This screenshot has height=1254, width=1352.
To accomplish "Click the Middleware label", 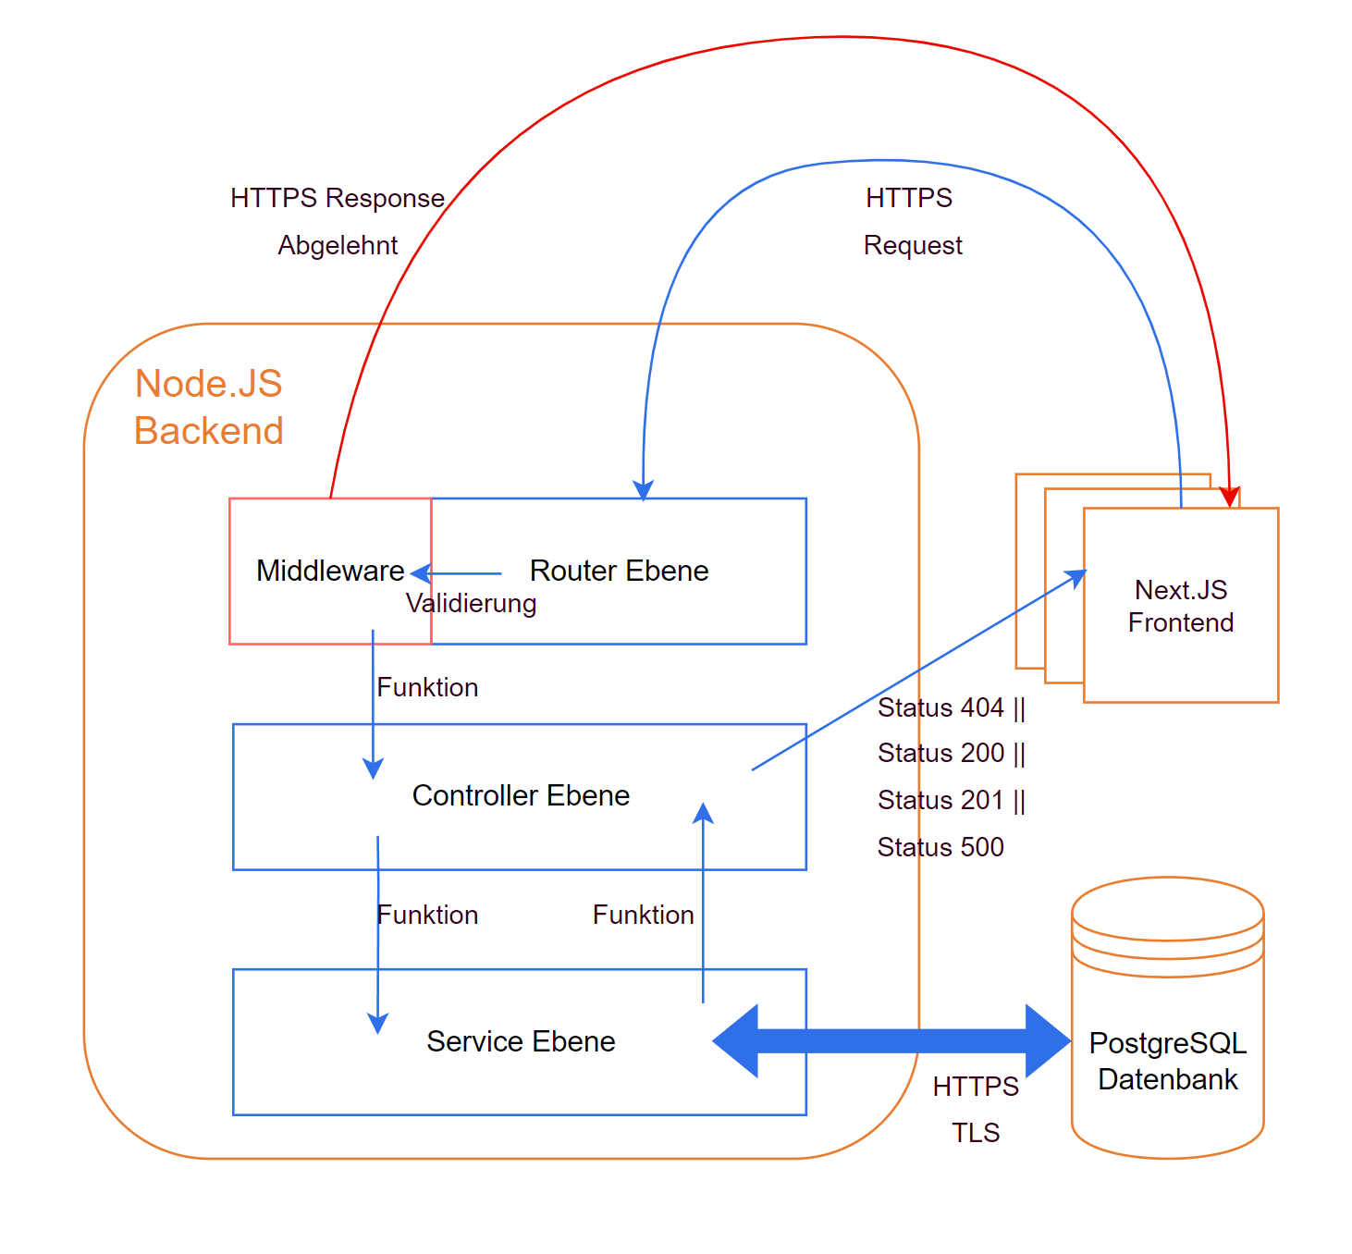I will click(x=330, y=571).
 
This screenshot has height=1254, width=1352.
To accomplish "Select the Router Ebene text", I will click(x=619, y=571).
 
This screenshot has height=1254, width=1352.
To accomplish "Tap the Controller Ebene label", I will click(x=521, y=795).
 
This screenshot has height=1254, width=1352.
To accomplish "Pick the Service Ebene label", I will click(x=521, y=1041).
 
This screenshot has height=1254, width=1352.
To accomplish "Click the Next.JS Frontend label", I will click(x=1181, y=606).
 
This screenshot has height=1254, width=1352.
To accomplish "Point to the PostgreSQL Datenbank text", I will click(x=1167, y=1061).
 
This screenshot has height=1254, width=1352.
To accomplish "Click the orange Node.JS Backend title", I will click(x=208, y=407).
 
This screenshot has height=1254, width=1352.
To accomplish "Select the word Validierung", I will click(x=471, y=604).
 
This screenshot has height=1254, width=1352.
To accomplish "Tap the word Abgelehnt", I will click(x=338, y=245).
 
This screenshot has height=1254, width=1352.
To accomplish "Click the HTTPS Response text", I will click(x=338, y=198).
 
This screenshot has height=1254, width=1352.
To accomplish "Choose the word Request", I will click(x=913, y=245).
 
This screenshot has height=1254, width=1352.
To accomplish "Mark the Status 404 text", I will click(x=951, y=707).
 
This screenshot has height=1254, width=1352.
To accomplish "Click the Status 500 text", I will click(x=940, y=847).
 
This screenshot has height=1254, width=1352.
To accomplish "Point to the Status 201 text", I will click(x=951, y=800).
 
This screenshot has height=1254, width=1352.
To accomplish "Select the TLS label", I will click(x=976, y=1133).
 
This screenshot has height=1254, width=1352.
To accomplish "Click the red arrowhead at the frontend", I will click(x=1229, y=498).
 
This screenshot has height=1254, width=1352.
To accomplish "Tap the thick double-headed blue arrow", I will click(x=891, y=1041).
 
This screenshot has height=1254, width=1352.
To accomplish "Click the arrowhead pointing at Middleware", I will click(x=421, y=573).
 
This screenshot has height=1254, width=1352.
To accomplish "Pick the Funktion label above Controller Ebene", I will click(x=427, y=687).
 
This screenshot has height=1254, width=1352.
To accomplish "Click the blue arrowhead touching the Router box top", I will click(x=644, y=490).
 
